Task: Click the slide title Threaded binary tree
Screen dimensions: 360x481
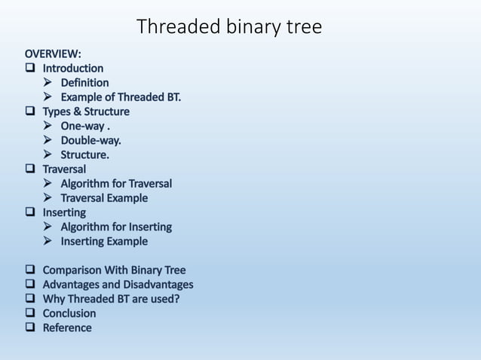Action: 229,27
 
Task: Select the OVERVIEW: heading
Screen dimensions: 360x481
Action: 54,54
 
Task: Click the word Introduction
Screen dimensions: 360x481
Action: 72,69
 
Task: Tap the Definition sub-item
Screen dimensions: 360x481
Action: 84,83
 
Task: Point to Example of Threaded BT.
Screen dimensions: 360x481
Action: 121,97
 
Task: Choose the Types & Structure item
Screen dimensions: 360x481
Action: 85,111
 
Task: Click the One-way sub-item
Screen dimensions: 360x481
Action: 87,126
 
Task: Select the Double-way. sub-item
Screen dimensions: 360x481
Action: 90,140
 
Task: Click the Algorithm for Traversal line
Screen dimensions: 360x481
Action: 116,184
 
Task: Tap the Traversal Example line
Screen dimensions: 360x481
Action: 104,198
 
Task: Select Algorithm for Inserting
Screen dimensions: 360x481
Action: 116,227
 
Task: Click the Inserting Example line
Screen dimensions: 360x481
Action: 104,241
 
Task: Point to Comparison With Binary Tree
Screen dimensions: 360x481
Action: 114,270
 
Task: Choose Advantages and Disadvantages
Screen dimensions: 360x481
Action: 118,285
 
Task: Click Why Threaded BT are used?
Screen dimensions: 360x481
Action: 111,299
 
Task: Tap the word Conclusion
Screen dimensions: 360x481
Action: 69,313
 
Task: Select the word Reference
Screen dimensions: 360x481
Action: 67,328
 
